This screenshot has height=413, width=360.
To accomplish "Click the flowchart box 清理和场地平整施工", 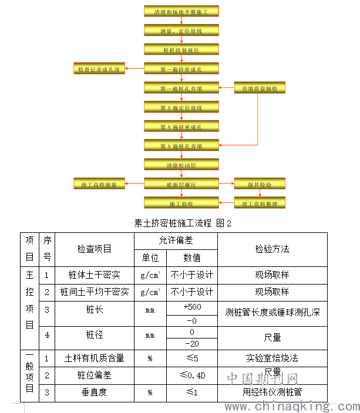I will coord(181,11).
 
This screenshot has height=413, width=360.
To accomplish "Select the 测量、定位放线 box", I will coord(181,30).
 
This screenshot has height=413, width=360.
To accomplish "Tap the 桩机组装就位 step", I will coord(181,50).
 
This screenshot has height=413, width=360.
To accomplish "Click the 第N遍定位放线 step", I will coord(181,107).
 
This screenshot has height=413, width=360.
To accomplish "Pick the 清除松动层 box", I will coord(181,165).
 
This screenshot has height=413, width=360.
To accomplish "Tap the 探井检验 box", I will coord(260,184).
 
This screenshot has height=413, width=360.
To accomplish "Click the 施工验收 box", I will coord(181,204).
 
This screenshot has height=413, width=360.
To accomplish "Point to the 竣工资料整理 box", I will coord(260,204).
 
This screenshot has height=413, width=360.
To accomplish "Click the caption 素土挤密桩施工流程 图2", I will coord(183,223).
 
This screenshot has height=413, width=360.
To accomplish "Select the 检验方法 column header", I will coord(272,249).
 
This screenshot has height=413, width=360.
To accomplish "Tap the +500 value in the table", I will coord(192,307).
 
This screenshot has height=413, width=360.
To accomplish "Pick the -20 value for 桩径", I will coord(192,344).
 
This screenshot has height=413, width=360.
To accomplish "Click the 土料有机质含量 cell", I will coord(94,357).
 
